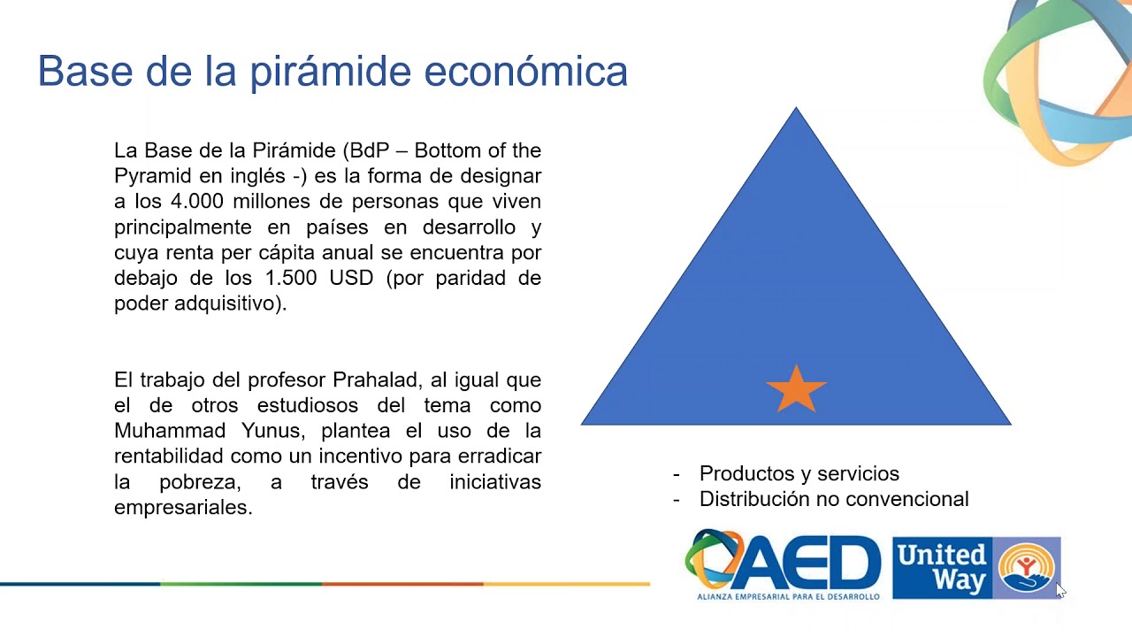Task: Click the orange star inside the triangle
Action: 796,389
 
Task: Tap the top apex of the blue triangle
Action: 796,107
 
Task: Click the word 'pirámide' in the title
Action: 331,72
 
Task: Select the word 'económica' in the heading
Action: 525,72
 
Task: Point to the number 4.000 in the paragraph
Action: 197,201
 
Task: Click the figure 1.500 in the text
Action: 291,278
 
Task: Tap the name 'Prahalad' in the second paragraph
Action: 374,380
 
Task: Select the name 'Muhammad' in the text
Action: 170,431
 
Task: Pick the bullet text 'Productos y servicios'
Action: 799,473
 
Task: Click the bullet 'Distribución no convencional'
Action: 834,499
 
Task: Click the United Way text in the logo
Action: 942,567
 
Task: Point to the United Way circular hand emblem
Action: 1027,567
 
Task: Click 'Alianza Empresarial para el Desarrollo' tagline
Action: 788,596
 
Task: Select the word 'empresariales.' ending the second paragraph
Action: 183,507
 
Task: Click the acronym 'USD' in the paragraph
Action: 351,278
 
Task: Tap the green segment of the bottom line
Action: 241,584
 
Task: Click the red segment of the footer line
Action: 402,584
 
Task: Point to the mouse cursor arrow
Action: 1060,590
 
